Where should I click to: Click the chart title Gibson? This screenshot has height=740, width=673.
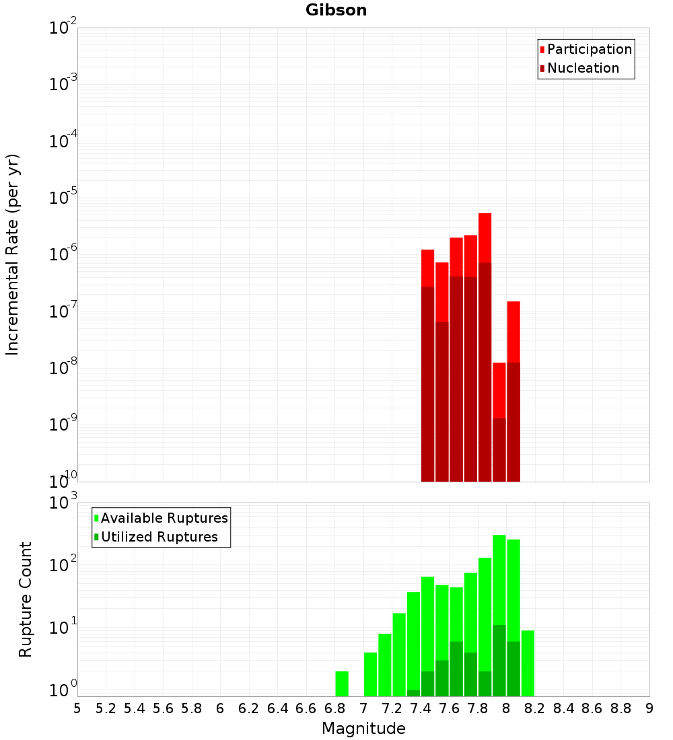point(336,10)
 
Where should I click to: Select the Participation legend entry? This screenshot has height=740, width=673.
point(586,49)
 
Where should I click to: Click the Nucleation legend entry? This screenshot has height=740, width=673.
point(579,68)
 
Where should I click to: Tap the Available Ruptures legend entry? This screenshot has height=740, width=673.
point(161,518)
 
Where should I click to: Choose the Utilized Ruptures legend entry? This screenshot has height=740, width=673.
point(156,537)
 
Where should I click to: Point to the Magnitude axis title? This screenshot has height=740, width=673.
point(363,729)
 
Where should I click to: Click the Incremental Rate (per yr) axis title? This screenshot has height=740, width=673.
point(12,255)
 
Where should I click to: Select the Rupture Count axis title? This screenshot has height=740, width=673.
point(26,599)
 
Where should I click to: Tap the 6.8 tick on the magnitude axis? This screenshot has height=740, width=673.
point(334,708)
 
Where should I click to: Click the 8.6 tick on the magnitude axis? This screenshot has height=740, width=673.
point(592,708)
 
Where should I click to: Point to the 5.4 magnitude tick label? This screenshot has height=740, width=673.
point(135,708)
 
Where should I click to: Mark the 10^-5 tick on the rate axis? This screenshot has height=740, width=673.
point(63,197)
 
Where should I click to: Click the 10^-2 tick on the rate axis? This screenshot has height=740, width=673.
point(63,27)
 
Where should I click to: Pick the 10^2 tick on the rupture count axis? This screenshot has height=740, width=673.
point(63,564)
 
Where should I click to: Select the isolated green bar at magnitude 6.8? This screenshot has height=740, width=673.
point(342,683)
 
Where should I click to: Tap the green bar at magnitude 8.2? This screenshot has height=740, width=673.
point(528,663)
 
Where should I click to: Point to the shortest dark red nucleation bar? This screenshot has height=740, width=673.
point(499,450)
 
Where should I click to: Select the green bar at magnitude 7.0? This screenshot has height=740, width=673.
point(371,674)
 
